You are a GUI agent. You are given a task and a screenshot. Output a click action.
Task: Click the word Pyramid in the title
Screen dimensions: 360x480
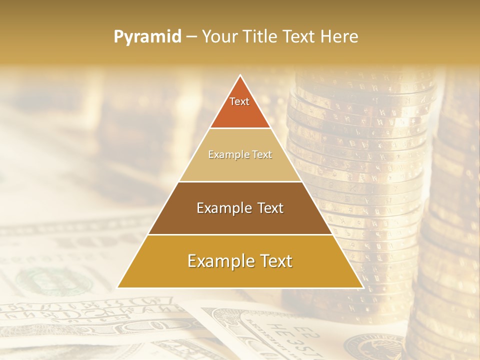pos(147,37)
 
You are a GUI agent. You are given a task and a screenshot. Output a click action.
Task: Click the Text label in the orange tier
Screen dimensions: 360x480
pos(239,101)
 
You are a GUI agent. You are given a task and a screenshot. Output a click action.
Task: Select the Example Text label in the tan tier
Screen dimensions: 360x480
pos(240,154)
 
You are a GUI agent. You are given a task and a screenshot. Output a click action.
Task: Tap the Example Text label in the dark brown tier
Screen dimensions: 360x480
pos(240,208)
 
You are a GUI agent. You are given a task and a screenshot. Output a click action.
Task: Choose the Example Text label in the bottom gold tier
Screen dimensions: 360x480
pos(240,261)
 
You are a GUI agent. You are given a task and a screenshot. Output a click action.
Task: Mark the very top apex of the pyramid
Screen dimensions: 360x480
pos(240,75)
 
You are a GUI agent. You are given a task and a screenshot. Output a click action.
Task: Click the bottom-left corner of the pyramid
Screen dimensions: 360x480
pos(118,287)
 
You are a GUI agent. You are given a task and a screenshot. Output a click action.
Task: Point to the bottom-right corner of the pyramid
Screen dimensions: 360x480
pos(362,287)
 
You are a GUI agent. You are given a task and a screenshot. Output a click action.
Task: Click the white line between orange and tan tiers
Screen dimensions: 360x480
pos(240,128)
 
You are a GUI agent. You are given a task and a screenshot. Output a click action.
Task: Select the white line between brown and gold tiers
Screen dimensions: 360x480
pos(240,234)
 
